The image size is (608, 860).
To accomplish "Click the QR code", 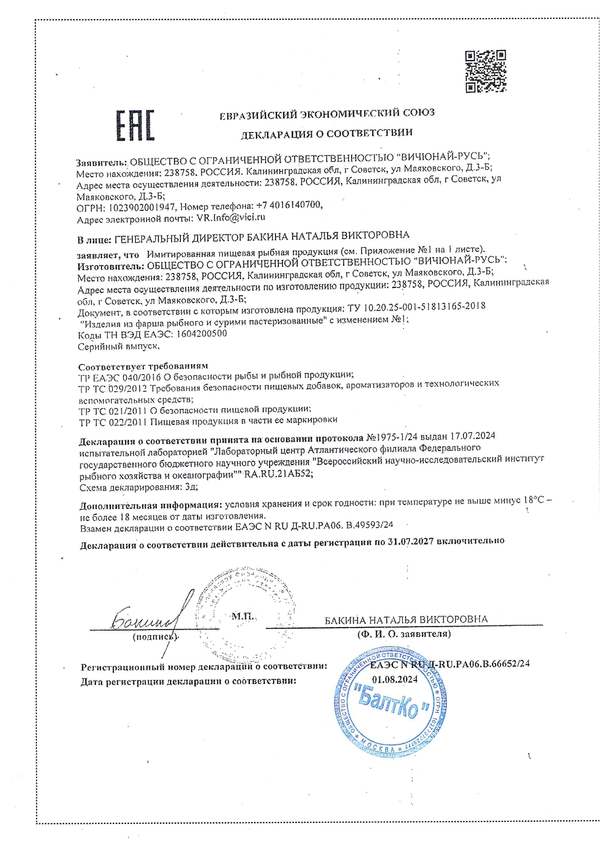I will (x=484, y=71).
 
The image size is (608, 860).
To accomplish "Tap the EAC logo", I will (x=135, y=126).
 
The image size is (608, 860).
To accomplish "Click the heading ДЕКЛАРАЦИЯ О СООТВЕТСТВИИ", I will (x=326, y=133).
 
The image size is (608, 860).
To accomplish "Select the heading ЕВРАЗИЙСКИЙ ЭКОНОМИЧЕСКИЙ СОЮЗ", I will (x=327, y=114).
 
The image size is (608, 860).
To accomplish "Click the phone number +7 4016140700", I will (x=289, y=205).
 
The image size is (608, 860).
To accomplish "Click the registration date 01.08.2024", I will (x=395, y=679).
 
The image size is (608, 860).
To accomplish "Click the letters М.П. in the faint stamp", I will (x=242, y=616).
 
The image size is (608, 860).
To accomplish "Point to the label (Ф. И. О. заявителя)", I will (x=404, y=634).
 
